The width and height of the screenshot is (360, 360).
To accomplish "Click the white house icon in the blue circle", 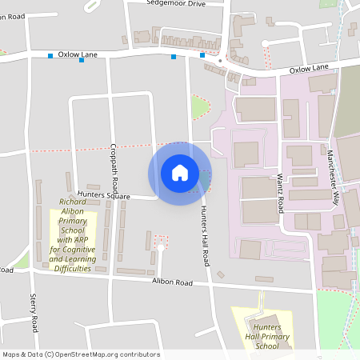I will [180, 172].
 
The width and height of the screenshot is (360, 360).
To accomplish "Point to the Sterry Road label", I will [34, 313].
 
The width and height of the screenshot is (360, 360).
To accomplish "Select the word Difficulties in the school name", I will [72, 269].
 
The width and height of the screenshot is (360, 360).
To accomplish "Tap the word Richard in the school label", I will [73, 202].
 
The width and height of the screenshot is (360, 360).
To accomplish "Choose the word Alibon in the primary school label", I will [73, 211].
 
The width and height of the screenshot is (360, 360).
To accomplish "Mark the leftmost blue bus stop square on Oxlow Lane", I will [51, 56].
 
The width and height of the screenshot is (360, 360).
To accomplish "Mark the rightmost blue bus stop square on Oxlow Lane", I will [202, 55].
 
